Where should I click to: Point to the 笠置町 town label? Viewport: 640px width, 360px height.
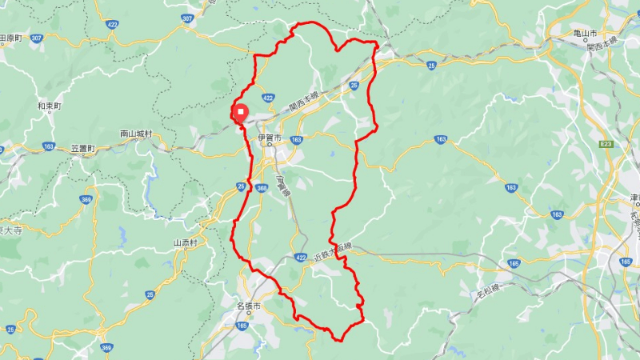(x=83, y=149)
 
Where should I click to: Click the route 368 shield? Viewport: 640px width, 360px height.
(x=262, y=189)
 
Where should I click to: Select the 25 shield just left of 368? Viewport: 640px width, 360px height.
(x=242, y=186)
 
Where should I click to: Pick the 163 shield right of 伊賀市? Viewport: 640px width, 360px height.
(x=297, y=139)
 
